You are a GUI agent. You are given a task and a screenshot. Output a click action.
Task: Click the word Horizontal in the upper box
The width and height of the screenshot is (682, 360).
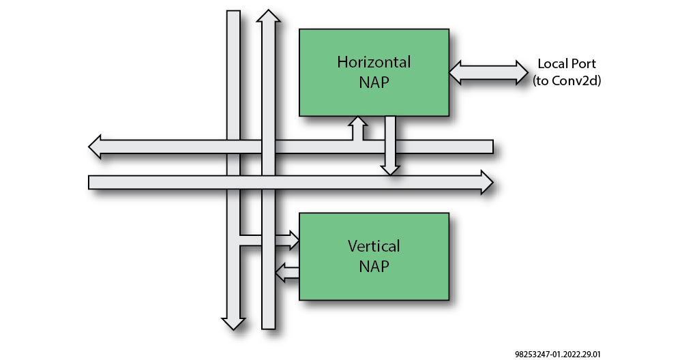pyautogui.click(x=374, y=62)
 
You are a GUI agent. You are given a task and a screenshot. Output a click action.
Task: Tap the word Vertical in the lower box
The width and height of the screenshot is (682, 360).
pyautogui.click(x=374, y=245)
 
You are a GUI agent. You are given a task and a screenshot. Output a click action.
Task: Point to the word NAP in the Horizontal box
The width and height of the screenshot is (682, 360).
pyautogui.click(x=374, y=82)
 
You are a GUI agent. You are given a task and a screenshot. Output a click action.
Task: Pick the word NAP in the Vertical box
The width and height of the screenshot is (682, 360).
pyautogui.click(x=374, y=265)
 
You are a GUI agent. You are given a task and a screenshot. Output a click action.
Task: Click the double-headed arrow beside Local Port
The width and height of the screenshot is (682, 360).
pyautogui.click(x=489, y=72)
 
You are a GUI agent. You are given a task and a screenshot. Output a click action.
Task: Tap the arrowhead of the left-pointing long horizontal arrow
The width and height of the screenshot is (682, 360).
pyautogui.click(x=96, y=147)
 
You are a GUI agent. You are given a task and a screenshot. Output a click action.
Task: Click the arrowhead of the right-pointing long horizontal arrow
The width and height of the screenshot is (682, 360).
pyautogui.click(x=486, y=182)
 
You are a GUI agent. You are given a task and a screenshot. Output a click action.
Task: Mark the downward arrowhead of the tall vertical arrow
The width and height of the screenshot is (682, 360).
pyautogui.click(x=233, y=322)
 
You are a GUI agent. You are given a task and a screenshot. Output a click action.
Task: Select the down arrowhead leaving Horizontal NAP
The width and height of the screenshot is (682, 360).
pyautogui.click(x=390, y=168)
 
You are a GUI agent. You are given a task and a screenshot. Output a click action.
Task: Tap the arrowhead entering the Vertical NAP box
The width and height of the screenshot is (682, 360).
pyautogui.click(x=293, y=239)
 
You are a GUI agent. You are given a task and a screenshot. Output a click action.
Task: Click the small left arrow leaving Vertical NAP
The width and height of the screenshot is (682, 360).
pyautogui.click(x=280, y=273)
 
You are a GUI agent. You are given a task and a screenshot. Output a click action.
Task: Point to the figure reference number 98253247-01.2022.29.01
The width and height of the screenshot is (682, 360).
pyautogui.click(x=558, y=354)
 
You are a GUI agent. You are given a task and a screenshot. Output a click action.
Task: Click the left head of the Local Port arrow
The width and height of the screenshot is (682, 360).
pyautogui.click(x=456, y=72)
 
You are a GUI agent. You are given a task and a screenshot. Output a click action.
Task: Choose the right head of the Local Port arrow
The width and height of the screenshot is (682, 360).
pyautogui.click(x=522, y=72)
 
